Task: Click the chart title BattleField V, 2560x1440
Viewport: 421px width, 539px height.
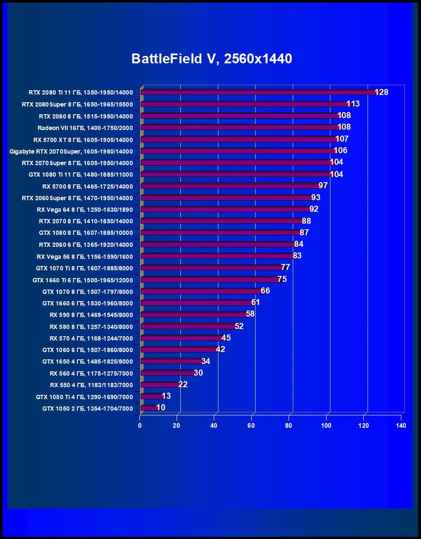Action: click(x=212, y=59)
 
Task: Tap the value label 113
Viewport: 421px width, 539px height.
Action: click(x=353, y=104)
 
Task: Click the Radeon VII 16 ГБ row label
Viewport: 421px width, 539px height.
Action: click(x=85, y=128)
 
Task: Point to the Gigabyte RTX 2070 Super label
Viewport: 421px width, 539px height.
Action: click(x=71, y=151)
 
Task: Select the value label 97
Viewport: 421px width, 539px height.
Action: click(x=323, y=186)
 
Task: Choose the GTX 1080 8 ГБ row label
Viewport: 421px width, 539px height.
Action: click(x=86, y=233)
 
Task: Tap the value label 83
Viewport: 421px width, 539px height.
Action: click(x=297, y=256)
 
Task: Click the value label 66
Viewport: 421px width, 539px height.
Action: click(x=265, y=291)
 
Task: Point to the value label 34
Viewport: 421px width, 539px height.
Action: click(x=206, y=361)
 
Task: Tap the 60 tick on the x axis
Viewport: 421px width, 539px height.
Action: click(x=251, y=426)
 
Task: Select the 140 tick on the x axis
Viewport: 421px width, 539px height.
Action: click(x=401, y=426)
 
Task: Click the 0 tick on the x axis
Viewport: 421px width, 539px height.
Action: click(x=140, y=426)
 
